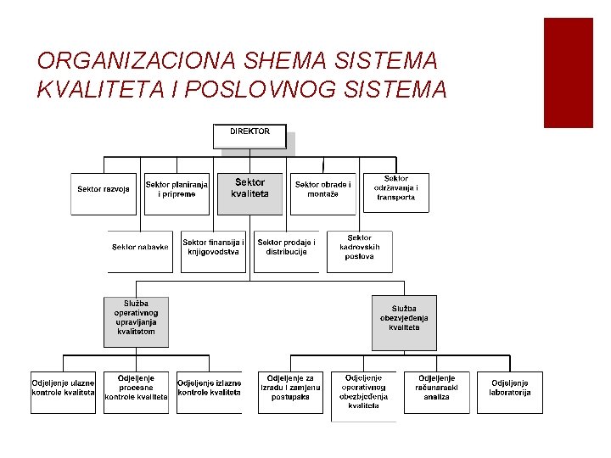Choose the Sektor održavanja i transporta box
click(395, 192)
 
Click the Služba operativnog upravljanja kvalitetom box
click(136, 321)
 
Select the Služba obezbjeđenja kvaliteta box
click(404, 321)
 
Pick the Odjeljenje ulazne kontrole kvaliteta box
click(64, 391)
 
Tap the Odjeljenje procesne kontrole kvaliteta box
click(136, 391)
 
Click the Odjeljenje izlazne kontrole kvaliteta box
click(209, 391)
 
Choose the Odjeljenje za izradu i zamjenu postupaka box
click(290, 391)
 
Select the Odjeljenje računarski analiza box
click(436, 391)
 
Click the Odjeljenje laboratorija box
click(509, 391)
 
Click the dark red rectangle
click(568, 72)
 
